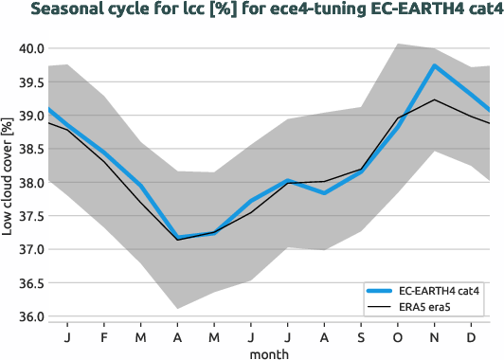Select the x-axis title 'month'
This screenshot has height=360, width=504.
269,352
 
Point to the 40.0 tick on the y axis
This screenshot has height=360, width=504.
28,48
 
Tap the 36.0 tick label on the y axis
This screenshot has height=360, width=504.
28,316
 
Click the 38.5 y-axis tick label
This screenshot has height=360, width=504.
28,149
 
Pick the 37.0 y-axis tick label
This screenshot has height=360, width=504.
28,249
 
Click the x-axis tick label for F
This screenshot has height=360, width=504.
104,336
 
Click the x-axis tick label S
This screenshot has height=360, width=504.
361,336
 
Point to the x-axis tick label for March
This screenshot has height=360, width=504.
141,336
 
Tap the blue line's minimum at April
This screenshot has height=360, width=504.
178,237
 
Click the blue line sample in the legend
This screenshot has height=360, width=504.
381,291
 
